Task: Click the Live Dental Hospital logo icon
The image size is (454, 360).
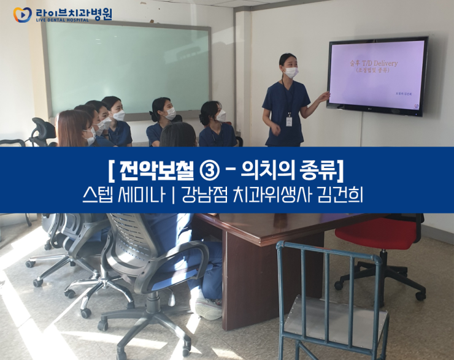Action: click(x=22, y=15)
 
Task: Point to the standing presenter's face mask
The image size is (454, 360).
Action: click(x=291, y=72)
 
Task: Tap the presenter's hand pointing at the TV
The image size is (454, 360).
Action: click(x=326, y=96)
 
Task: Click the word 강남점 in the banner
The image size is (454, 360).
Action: click(x=209, y=195)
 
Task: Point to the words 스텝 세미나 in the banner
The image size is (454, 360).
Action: click(x=123, y=195)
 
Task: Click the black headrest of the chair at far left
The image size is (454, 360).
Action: click(x=44, y=129)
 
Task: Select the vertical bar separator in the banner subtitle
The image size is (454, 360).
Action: click(x=176, y=195)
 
